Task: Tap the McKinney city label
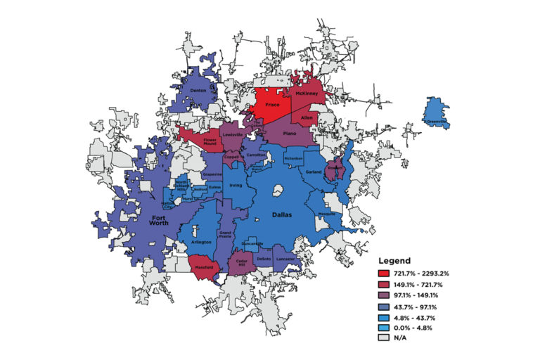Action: coord(307,94)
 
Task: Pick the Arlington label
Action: coord(200,242)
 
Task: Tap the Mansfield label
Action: coord(204,267)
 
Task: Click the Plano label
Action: coord(290,132)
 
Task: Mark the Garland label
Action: coord(314,172)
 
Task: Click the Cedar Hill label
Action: coord(241,262)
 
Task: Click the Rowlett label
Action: coord(335,168)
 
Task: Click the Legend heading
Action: coord(397,259)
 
